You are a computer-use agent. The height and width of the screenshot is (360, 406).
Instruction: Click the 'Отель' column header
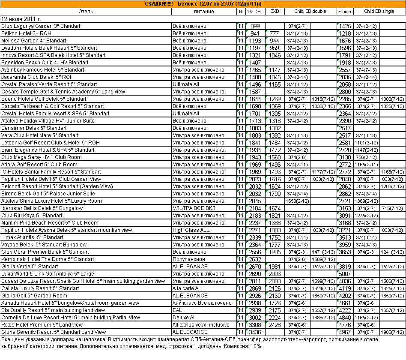(86, 12)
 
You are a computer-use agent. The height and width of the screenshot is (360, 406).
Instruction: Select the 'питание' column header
(204, 12)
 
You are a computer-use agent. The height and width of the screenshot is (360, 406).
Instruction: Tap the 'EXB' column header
(275, 12)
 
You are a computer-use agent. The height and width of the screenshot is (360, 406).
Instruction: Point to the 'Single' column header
(345, 12)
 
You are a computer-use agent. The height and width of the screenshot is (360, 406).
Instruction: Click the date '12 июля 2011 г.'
(21, 19)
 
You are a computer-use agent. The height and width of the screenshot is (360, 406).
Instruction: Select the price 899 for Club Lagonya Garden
(255, 26)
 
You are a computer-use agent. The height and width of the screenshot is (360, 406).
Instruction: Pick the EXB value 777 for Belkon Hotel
(275, 33)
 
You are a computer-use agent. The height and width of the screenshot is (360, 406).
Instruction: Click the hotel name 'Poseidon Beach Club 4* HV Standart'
(45, 63)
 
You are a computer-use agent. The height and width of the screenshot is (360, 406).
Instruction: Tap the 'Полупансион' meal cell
(189, 259)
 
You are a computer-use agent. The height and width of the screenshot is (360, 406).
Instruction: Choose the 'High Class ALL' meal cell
(191, 230)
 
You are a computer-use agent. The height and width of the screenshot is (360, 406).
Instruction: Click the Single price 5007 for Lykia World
(345, 274)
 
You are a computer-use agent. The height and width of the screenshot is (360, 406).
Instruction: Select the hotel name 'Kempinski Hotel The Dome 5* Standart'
(48, 259)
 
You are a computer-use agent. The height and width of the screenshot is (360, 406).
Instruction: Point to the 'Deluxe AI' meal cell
(184, 318)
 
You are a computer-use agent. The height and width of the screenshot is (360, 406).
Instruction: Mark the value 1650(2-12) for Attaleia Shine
(298, 201)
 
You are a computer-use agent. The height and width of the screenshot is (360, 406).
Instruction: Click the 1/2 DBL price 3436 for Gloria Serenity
(255, 332)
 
